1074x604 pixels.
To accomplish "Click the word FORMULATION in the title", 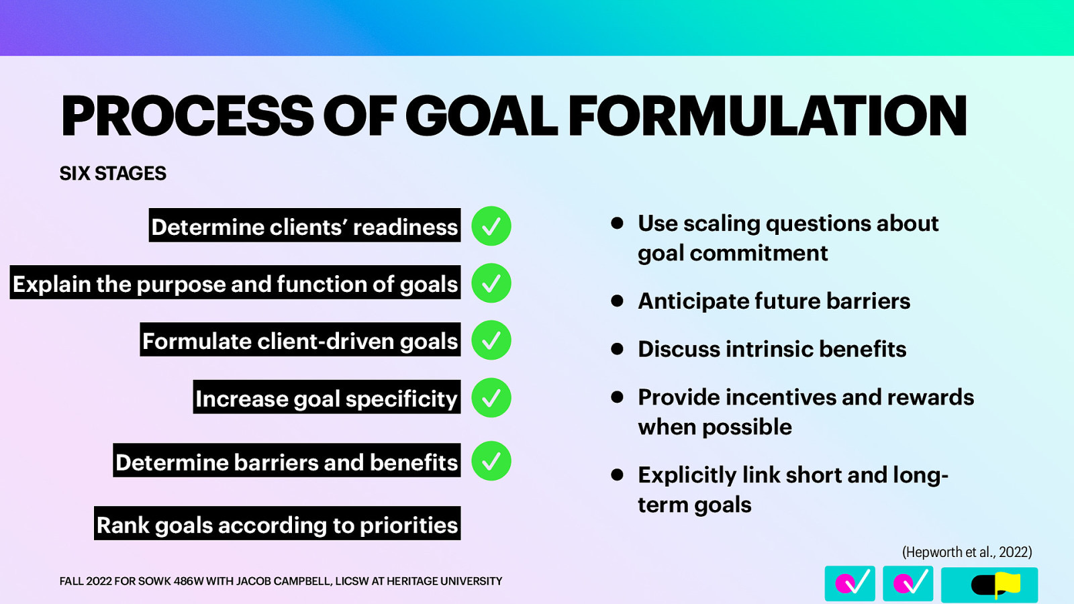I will click(767, 116).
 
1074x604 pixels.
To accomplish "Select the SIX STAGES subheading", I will click(113, 174).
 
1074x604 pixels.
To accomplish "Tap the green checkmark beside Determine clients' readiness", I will click(491, 226).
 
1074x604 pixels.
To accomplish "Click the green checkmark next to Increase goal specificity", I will click(491, 398).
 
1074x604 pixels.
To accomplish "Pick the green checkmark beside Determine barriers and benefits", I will click(491, 461).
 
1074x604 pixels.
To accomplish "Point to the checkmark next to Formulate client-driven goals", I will click(491, 340).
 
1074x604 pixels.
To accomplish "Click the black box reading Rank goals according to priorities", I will click(277, 524).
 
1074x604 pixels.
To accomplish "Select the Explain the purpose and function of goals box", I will click(235, 283).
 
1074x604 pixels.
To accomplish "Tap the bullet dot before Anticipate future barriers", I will click(618, 301).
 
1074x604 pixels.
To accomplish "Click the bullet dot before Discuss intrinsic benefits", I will click(618, 349).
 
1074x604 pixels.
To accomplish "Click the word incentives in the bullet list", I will click(780, 397).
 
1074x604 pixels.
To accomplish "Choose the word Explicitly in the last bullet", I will click(687, 475).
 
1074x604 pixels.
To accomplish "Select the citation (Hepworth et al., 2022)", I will click(967, 552).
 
